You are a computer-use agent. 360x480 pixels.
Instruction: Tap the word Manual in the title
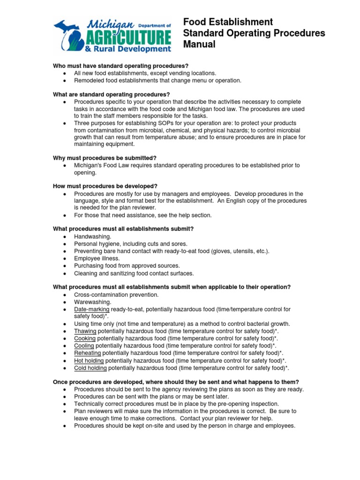[x=199, y=45]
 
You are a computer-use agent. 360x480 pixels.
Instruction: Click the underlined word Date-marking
[x=92, y=309]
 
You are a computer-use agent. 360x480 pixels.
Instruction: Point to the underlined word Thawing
[x=85, y=331]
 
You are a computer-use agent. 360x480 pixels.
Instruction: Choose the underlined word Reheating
[x=87, y=352]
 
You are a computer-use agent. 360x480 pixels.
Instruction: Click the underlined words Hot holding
[x=89, y=360]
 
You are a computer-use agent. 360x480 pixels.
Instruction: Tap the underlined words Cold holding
[x=90, y=368]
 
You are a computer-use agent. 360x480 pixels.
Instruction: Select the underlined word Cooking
[x=84, y=338]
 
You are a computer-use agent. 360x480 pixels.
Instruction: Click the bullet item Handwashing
[x=93, y=237]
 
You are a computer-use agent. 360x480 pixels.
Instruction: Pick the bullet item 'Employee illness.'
[x=97, y=258]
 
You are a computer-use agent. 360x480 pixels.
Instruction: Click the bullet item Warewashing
[x=93, y=302]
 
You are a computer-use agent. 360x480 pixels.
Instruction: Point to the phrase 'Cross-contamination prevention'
[x=116, y=294]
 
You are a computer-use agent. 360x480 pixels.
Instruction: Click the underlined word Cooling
[x=84, y=345]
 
